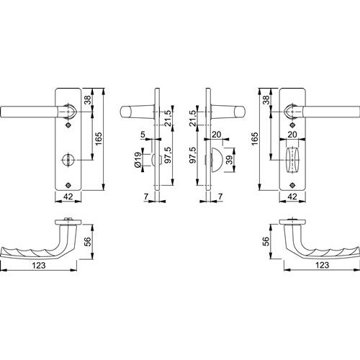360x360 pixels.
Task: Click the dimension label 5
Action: tap(143, 135)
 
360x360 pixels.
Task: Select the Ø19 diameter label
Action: tap(138, 160)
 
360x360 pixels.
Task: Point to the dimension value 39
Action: tap(230, 160)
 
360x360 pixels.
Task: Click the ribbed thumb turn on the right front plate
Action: tap(292, 159)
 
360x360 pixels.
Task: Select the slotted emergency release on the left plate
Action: tap(68, 159)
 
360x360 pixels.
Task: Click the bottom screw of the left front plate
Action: tap(68, 185)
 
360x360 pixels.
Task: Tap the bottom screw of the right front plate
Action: tap(292, 185)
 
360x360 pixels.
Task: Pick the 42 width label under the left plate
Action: tap(68, 197)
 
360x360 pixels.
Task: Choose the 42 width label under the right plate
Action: tap(292, 197)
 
